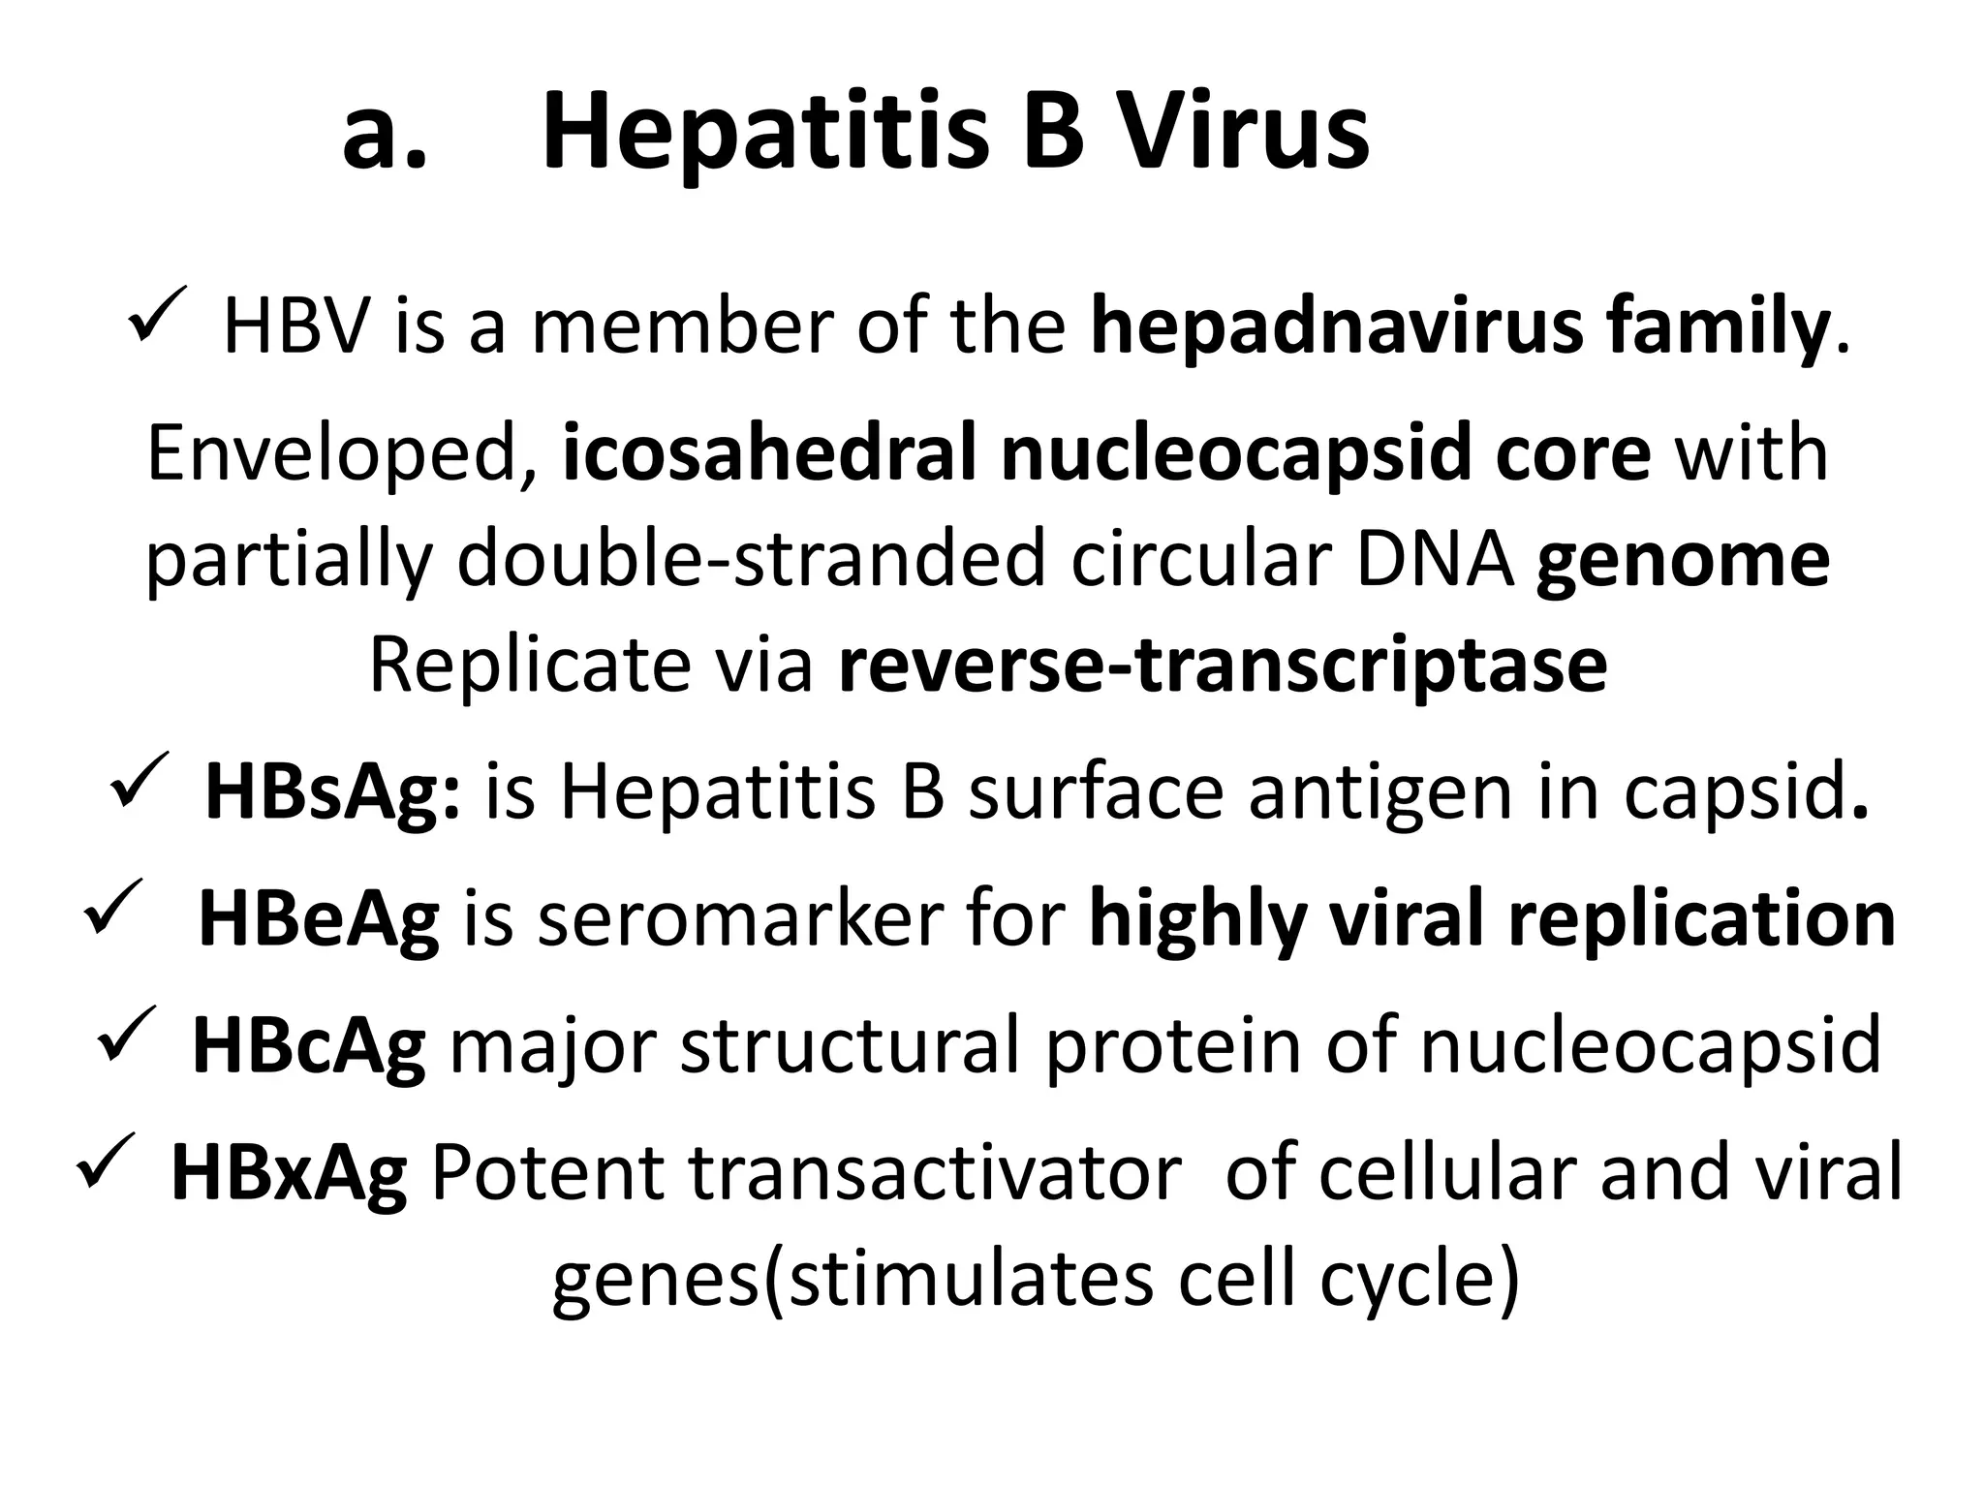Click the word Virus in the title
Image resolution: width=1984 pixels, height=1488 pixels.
tap(1243, 131)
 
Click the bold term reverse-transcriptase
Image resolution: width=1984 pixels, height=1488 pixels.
tap(1223, 666)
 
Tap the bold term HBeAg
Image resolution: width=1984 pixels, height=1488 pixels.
tap(319, 919)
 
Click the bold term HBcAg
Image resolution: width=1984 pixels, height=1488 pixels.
tap(309, 1047)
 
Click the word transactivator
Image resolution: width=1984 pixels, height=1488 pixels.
tap(935, 1172)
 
